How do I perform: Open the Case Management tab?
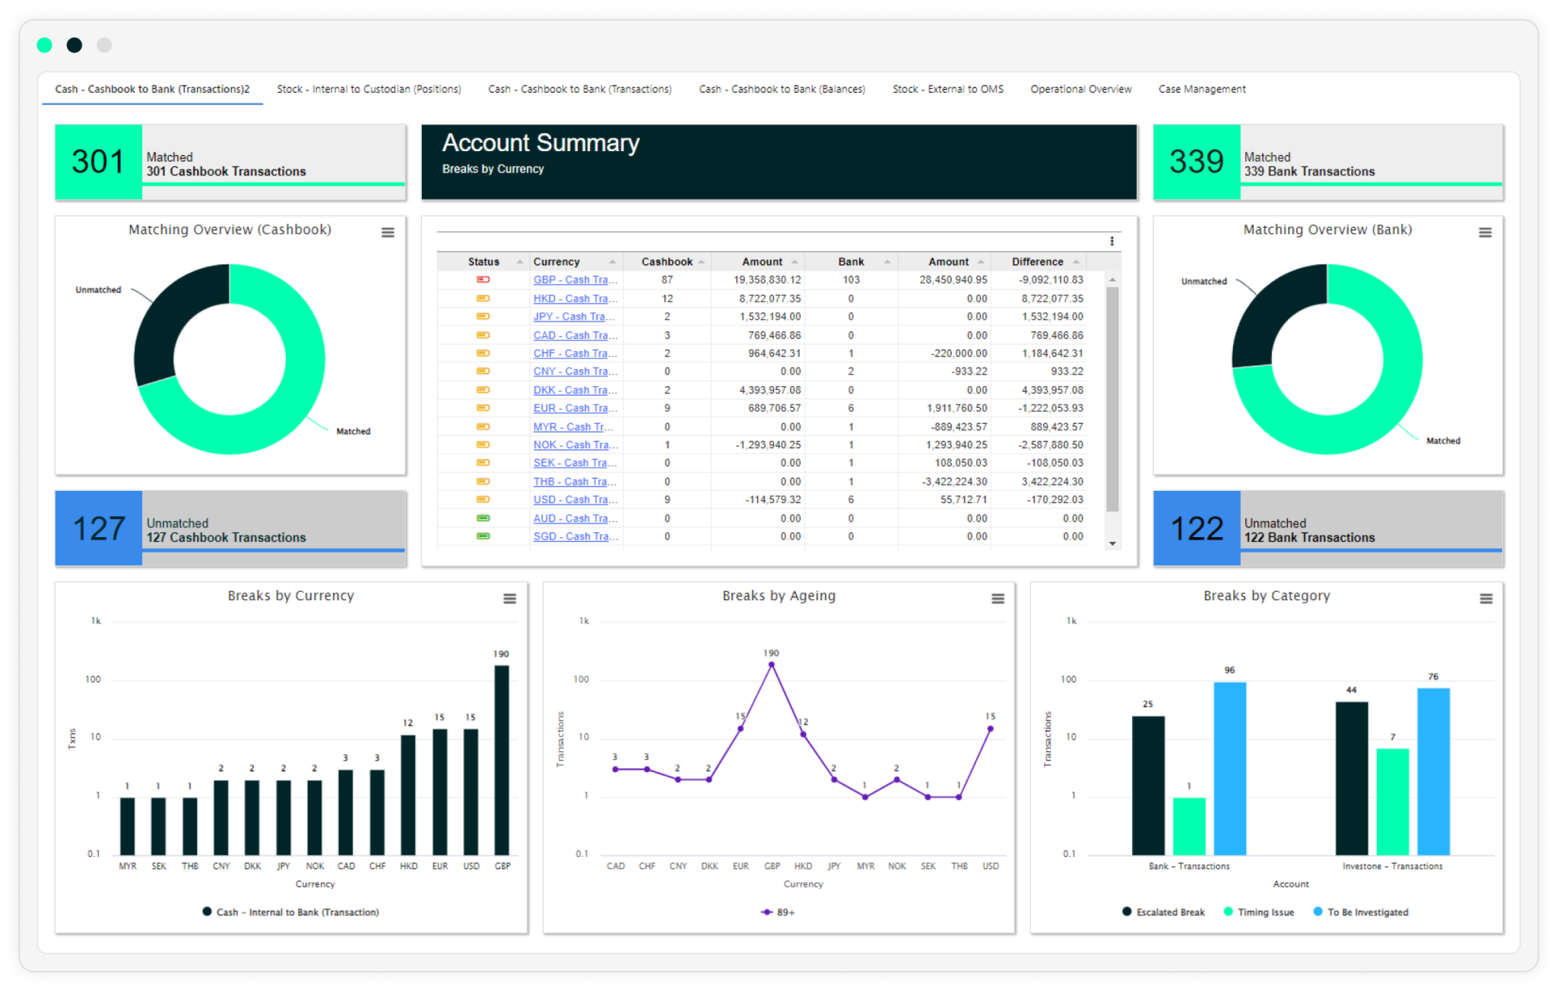pyautogui.click(x=1201, y=89)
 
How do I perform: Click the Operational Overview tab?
pyautogui.click(x=1080, y=89)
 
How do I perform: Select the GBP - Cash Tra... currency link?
pyautogui.click(x=574, y=280)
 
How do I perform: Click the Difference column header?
pyautogui.click(x=1037, y=261)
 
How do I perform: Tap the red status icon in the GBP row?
pyautogui.click(x=483, y=280)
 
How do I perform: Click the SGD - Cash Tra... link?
pyautogui.click(x=574, y=536)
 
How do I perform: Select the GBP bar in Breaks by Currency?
pyautogui.click(x=502, y=760)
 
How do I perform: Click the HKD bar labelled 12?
pyautogui.click(x=408, y=794)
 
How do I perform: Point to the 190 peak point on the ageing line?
pyautogui.click(x=771, y=665)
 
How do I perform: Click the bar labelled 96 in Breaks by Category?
pyautogui.click(x=1229, y=767)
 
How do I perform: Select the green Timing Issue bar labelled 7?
pyautogui.click(x=1392, y=802)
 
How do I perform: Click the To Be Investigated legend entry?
pyautogui.click(x=1367, y=912)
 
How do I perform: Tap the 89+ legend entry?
pyautogui.click(x=778, y=912)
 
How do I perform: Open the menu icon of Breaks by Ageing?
pyautogui.click(x=997, y=599)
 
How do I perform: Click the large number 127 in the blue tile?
pyautogui.click(x=99, y=528)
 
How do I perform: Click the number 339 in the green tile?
pyautogui.click(x=1196, y=161)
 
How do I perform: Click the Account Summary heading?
pyautogui.click(x=541, y=143)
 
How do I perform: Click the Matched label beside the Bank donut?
pyautogui.click(x=1442, y=441)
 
